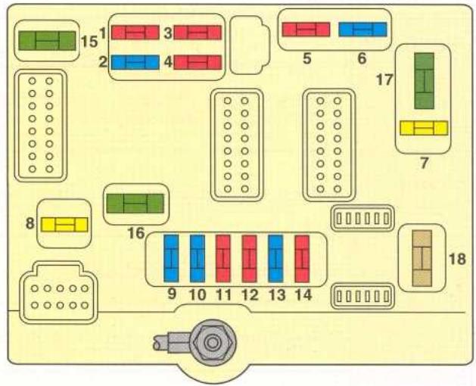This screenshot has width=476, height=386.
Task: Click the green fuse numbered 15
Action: (47, 41)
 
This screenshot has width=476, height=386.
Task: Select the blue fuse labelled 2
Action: (135, 62)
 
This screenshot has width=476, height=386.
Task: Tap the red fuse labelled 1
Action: (135, 33)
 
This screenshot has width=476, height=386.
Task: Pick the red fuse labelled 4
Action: (198, 62)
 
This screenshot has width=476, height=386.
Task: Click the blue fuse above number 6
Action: (362, 30)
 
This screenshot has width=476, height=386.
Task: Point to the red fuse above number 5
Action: (306, 30)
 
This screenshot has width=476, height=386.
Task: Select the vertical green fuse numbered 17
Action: (424, 81)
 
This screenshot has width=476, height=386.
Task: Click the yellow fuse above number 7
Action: (424, 128)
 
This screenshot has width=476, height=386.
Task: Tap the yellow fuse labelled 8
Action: (64, 225)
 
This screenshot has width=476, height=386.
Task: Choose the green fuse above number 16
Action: (135, 204)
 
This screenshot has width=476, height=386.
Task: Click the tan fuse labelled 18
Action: (422, 258)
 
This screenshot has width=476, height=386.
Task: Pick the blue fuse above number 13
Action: (275, 258)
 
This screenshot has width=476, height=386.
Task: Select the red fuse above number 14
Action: (302, 258)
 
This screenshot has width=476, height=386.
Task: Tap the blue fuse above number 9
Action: (171, 258)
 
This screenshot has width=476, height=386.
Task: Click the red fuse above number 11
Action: (223, 258)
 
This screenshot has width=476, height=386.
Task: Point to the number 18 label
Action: (457, 259)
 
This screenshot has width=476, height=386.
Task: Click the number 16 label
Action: (136, 233)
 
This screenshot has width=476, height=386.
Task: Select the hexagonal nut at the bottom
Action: (212, 342)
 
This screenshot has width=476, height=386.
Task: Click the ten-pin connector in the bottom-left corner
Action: (59, 292)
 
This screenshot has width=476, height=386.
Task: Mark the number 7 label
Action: (424, 163)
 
